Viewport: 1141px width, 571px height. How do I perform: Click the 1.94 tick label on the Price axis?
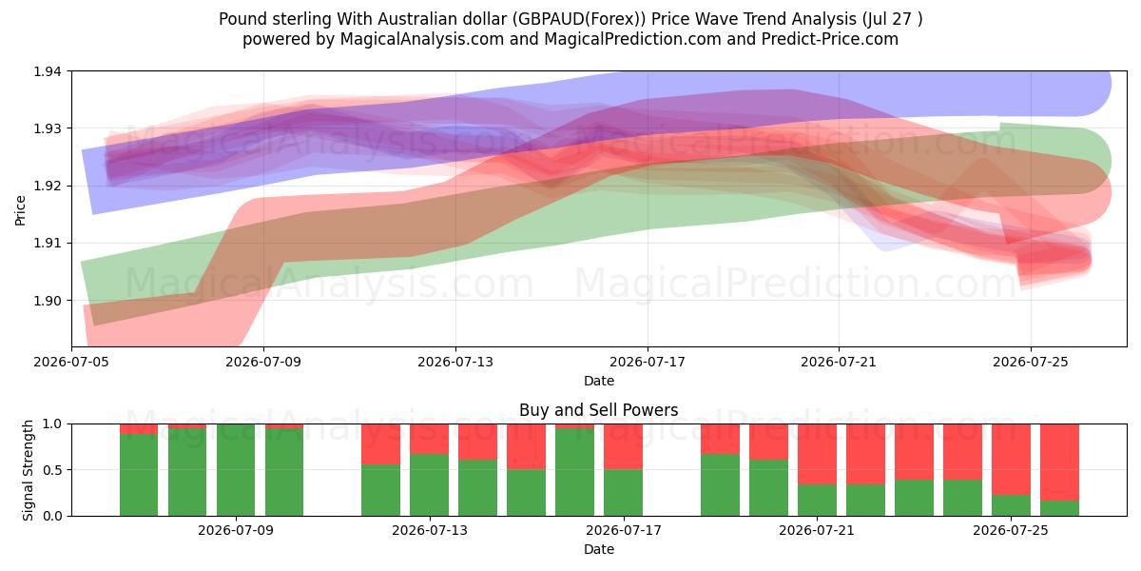(x=48, y=71)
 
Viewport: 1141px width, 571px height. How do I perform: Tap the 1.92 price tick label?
(x=48, y=187)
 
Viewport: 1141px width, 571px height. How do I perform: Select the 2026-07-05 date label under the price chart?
(x=71, y=362)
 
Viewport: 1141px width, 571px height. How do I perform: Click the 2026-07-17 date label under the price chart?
(x=648, y=362)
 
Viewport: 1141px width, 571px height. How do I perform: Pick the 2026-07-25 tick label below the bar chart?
(x=1011, y=530)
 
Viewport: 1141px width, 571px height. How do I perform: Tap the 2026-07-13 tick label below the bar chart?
(x=430, y=530)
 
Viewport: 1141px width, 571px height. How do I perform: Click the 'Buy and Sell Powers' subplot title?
(x=598, y=410)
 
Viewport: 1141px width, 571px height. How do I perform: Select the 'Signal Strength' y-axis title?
(x=28, y=470)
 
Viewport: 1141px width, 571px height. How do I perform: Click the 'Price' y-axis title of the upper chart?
(x=20, y=210)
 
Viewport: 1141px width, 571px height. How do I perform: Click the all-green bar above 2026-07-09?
(x=236, y=470)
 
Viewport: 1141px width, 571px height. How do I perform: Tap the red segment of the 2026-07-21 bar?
(x=817, y=454)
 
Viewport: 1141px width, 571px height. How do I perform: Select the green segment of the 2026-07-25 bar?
(x=1011, y=505)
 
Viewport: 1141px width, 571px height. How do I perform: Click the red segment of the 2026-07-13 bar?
(x=430, y=439)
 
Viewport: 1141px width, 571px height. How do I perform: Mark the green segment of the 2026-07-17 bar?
(x=624, y=493)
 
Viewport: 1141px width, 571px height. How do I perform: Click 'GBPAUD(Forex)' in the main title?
(x=579, y=19)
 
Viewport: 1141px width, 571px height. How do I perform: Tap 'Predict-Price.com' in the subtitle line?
(x=830, y=39)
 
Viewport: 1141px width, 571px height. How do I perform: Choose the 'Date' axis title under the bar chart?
(x=598, y=549)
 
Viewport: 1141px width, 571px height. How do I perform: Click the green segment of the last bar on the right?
(x=1059, y=508)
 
